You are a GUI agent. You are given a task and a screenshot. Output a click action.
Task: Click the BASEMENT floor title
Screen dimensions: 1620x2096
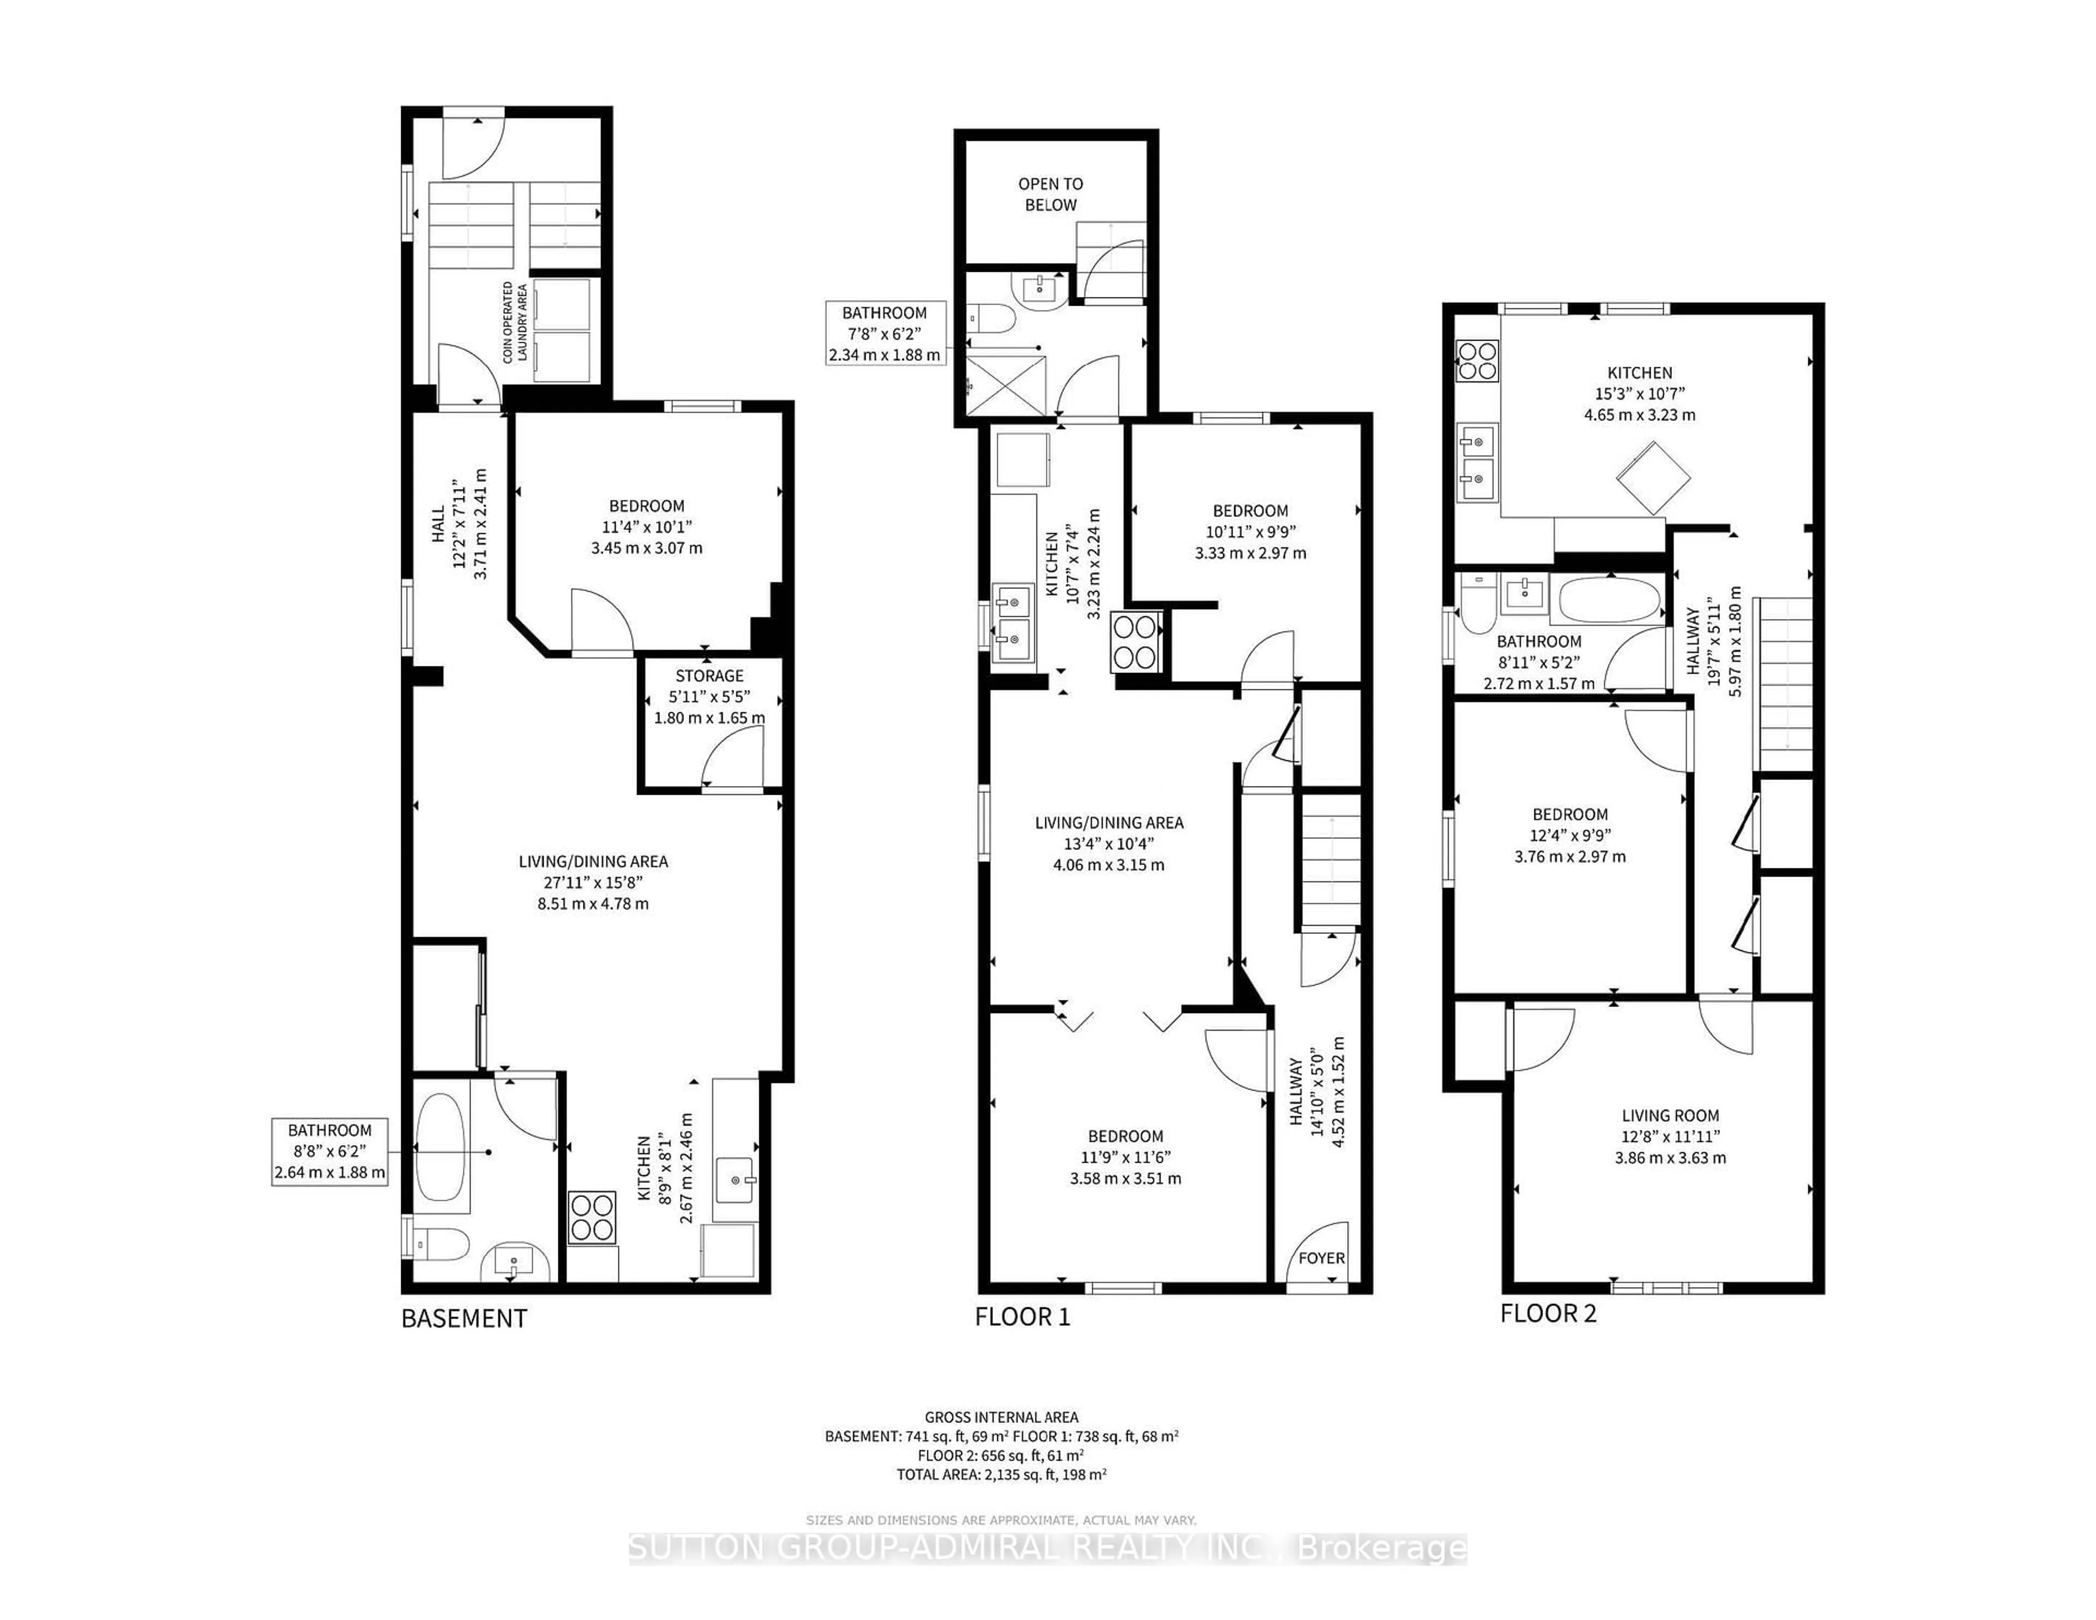(x=463, y=1319)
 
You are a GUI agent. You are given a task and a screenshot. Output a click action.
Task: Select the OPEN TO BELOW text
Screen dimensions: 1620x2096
(x=1050, y=194)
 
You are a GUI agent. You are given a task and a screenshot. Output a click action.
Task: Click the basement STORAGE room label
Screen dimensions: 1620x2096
(x=709, y=676)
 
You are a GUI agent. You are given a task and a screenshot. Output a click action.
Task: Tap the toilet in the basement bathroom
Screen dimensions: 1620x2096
(x=443, y=1246)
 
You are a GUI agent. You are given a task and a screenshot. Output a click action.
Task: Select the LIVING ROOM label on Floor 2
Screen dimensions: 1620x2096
(x=1670, y=1115)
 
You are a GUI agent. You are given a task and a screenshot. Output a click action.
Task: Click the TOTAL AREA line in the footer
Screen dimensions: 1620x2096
(x=1001, y=1474)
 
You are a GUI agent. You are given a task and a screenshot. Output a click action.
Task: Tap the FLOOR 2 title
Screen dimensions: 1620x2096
(x=1548, y=1313)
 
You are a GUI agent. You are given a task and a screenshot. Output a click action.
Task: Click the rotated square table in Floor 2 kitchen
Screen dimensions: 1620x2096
(x=1653, y=477)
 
